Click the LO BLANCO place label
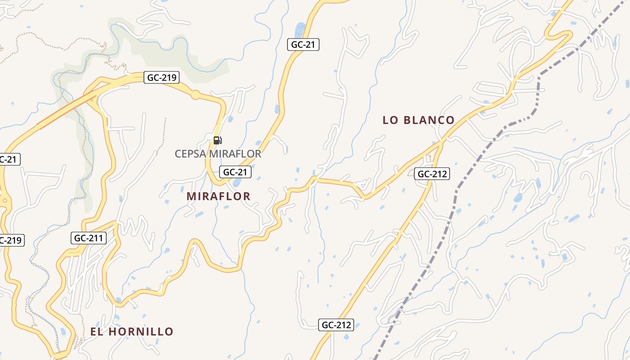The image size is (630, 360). point(418,120)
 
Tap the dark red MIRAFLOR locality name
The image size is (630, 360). point(218,196)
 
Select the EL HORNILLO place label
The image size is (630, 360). point(131,332)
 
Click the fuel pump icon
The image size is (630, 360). point(217,140)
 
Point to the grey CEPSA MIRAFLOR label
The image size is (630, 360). point(218,154)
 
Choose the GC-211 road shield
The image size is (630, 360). point(89,238)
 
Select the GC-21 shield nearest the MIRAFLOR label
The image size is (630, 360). point(235,171)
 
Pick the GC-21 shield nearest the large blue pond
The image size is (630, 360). point(303,45)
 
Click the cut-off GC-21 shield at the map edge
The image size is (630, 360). point(9,159)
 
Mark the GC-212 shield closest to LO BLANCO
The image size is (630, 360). point(432,174)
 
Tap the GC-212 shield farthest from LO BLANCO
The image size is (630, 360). point(337,325)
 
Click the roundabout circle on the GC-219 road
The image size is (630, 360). point(195,94)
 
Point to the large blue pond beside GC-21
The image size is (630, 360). point(299,30)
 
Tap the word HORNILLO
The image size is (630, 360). point(141,332)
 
